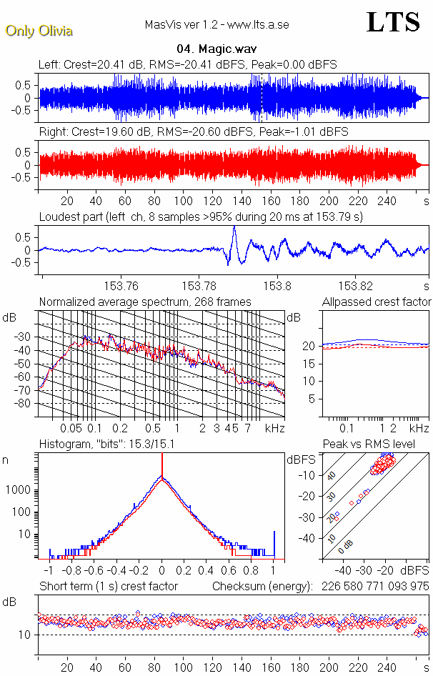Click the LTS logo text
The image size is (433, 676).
point(393,23)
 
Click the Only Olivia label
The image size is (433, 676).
point(39,31)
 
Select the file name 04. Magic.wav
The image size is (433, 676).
point(216,50)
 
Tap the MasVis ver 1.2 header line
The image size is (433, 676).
point(216,25)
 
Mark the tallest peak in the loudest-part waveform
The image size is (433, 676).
point(234,227)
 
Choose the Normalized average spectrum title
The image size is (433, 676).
point(145,302)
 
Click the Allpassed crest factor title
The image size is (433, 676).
point(377,302)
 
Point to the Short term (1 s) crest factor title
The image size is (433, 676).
point(108,587)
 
